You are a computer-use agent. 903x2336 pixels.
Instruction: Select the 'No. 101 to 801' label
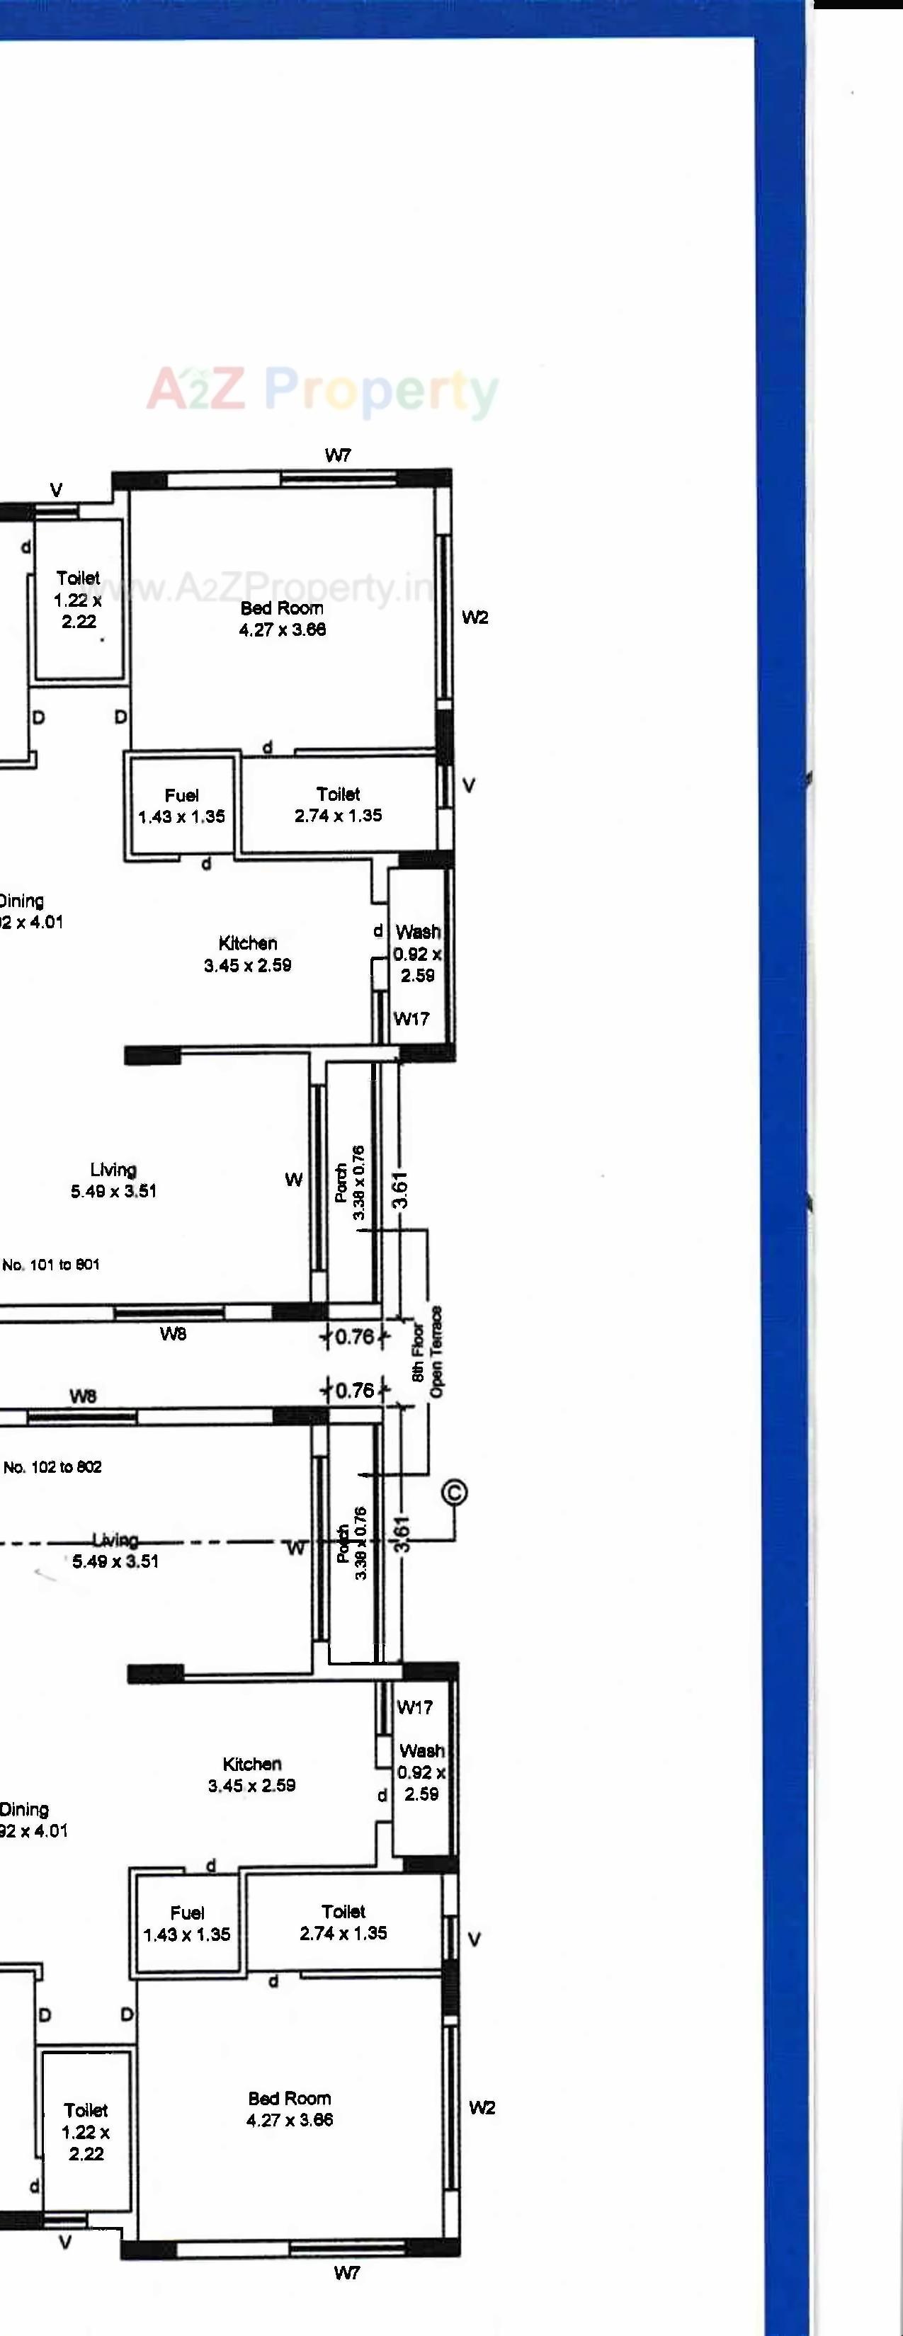[51, 1264]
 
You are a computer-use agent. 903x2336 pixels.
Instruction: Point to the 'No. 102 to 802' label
[52, 1466]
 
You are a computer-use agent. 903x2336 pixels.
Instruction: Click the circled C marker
[454, 1492]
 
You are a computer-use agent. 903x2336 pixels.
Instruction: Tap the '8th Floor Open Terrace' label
[427, 1352]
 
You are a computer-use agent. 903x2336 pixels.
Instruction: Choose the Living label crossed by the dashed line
[115, 1550]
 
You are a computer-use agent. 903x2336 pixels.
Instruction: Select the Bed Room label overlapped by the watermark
[282, 618]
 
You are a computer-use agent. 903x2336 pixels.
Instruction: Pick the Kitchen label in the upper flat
[247, 954]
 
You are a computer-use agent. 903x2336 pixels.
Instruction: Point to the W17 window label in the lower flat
[414, 1707]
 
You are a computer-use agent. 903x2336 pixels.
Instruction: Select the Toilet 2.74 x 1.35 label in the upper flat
[338, 804]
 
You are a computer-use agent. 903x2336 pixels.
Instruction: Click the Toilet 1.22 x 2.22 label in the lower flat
[86, 2131]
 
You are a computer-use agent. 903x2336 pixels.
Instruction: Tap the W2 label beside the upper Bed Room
[475, 617]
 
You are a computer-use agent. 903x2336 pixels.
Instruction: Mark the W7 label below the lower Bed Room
[346, 2272]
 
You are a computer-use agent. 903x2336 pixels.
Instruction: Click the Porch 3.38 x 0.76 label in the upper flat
[350, 1183]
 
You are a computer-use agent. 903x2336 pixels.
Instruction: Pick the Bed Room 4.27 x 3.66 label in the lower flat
[289, 2109]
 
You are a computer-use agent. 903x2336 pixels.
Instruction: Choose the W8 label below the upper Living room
[174, 1333]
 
